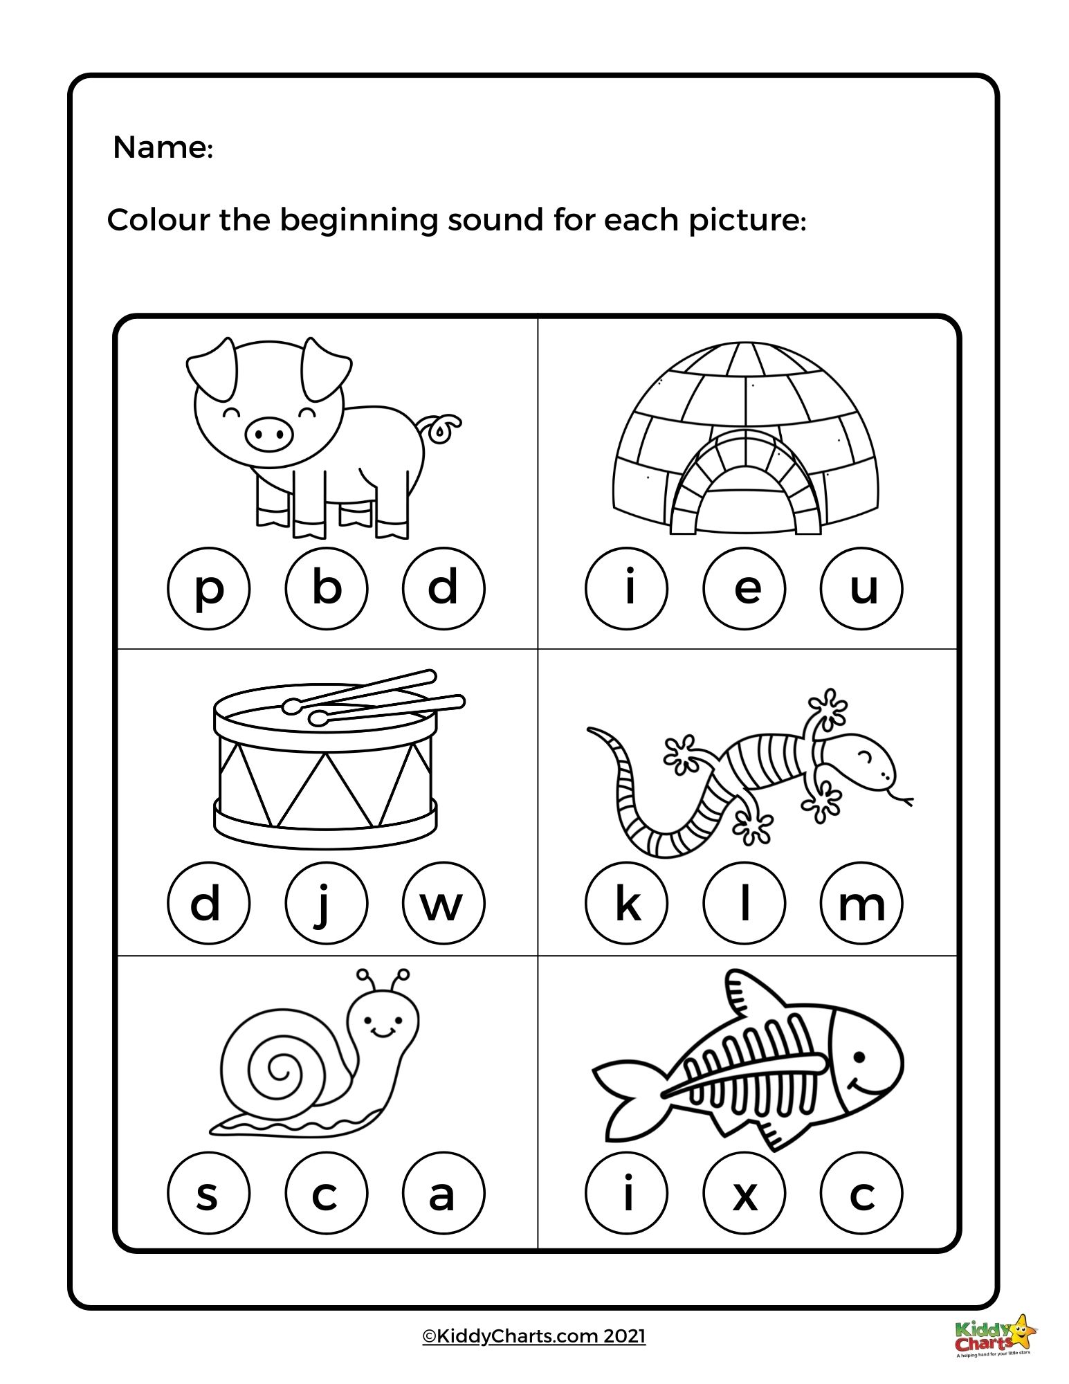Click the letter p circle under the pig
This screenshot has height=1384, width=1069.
pos(208,588)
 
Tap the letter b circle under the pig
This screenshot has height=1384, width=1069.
pos(326,588)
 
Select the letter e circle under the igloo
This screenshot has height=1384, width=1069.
pos(744,588)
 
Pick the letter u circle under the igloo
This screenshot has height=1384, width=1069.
pos(861,588)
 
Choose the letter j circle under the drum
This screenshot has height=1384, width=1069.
pos(326,902)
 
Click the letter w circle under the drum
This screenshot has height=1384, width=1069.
pos(444,902)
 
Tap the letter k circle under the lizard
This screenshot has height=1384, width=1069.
pos(626,902)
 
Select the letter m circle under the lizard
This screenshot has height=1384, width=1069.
pos(861,902)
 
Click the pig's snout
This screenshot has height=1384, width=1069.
pos(269,434)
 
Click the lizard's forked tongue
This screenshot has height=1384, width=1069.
pos(902,800)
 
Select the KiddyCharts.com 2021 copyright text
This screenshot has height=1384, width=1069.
pos(534,1336)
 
